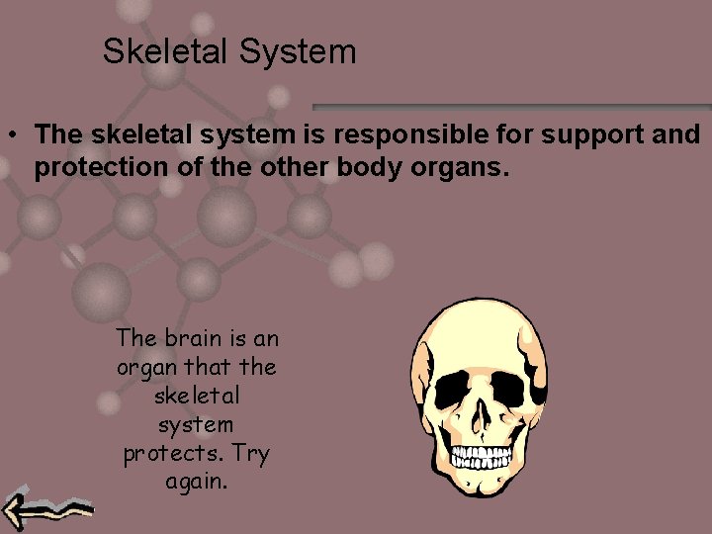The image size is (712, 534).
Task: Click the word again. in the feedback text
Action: point(196,484)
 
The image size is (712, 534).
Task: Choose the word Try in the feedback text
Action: point(253,455)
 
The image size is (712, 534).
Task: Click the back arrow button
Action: point(45,510)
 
